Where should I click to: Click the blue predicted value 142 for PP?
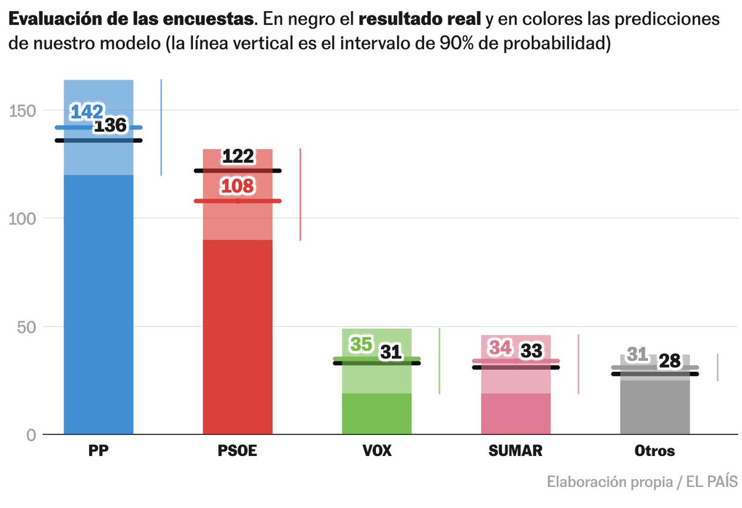tap(87, 112)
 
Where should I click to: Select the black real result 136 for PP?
tap(110, 126)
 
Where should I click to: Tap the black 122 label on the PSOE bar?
tap(238, 157)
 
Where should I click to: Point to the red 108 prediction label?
tap(238, 186)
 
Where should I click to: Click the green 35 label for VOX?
tap(361, 344)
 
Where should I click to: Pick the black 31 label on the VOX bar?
tap(391, 352)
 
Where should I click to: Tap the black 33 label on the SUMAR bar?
tap(531, 351)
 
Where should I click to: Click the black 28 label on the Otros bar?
tap(669, 361)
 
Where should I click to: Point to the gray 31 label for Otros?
tap(637, 355)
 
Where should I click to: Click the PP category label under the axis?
tap(99, 451)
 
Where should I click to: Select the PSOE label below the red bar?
tap(238, 451)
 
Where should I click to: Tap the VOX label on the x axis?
tap(377, 451)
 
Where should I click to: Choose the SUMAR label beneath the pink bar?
tap(516, 451)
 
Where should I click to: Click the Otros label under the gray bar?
tap(655, 451)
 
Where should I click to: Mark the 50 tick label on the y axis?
tap(26, 327)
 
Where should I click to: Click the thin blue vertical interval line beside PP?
tap(161, 127)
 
